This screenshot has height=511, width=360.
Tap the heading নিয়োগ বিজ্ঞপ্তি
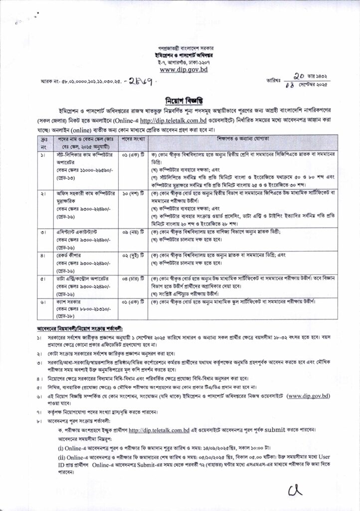click(180, 99)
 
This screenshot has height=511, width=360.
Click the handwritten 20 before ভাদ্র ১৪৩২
click(299, 76)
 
